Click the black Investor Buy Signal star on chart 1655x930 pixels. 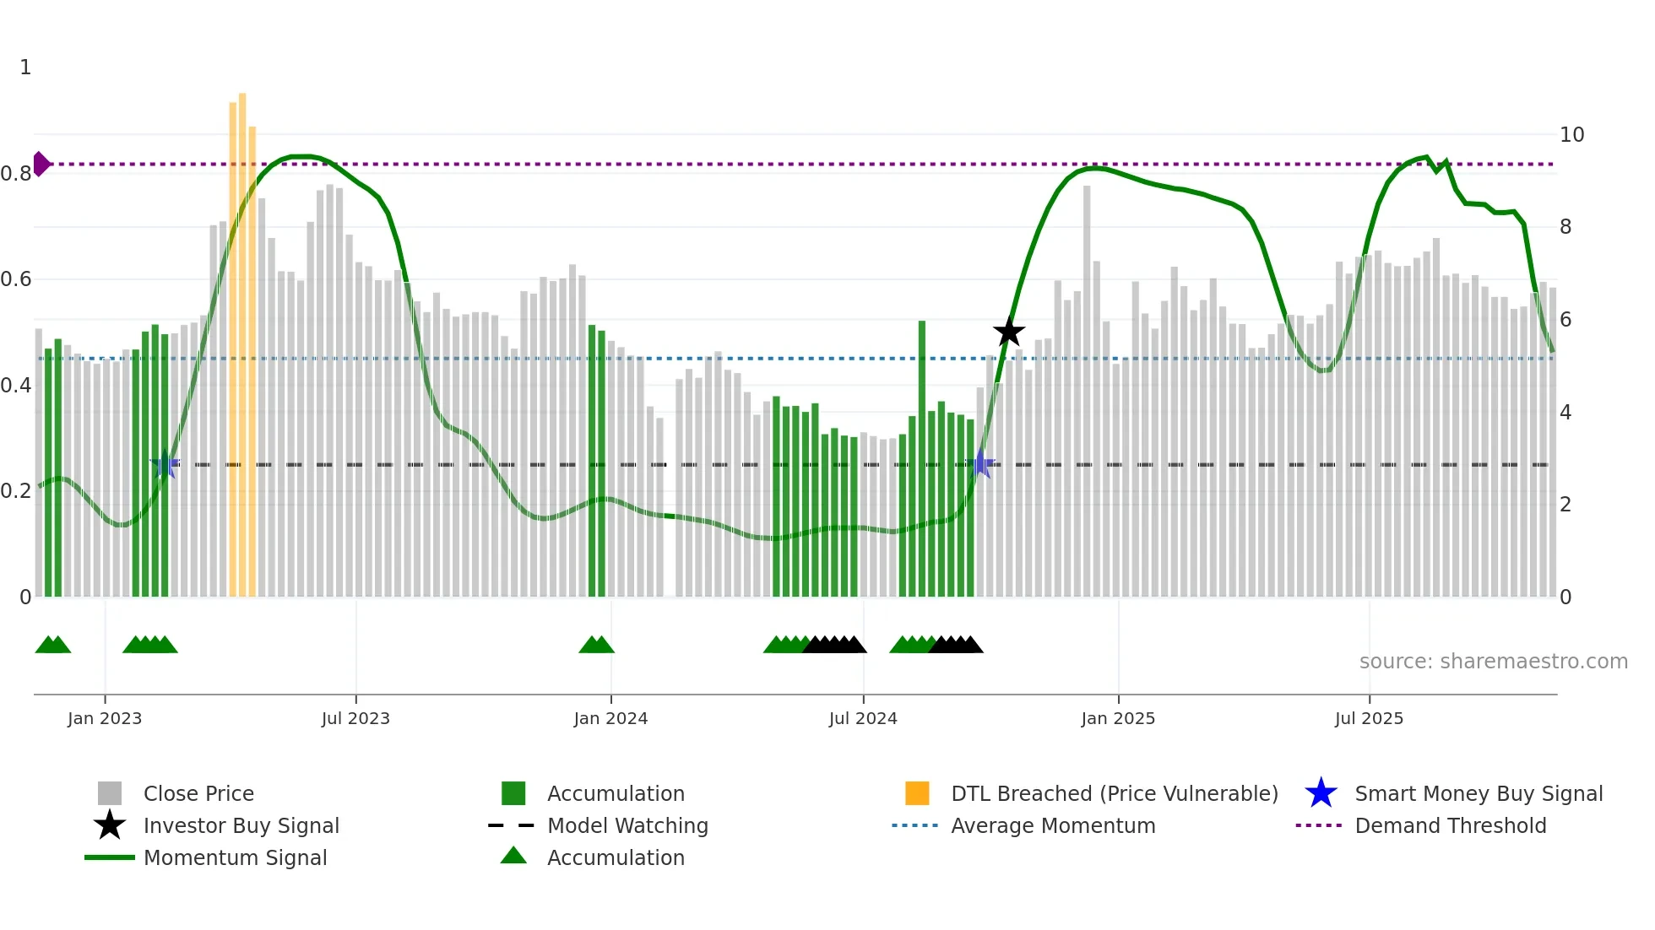click(x=1008, y=332)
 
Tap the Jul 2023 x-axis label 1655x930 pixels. click(x=355, y=718)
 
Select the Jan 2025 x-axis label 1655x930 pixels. click(x=1118, y=718)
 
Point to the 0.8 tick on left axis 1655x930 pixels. click(x=16, y=174)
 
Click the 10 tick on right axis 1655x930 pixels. click(x=1571, y=135)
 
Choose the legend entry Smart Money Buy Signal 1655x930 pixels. click(x=1478, y=793)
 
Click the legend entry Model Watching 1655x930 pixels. click(x=627, y=825)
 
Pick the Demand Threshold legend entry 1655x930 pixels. click(x=1450, y=825)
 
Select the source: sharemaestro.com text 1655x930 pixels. click(x=1493, y=661)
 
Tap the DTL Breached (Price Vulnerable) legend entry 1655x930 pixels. click(x=1114, y=793)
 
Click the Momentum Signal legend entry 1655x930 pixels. click(x=235, y=857)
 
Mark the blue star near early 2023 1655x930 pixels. click(x=165, y=464)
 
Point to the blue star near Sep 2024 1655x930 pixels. click(x=981, y=463)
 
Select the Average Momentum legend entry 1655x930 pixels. click(x=1052, y=825)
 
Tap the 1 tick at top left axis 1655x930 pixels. click(x=25, y=68)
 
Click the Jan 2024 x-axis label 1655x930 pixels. click(x=610, y=718)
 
